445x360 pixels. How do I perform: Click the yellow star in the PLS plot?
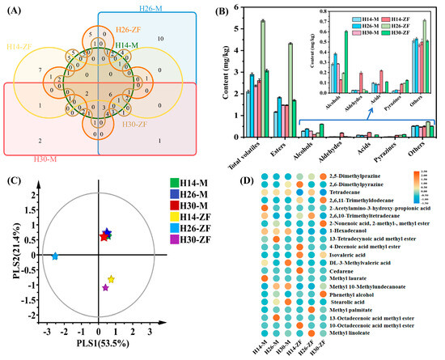point(111,280)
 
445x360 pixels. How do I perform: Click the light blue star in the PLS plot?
point(55,256)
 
